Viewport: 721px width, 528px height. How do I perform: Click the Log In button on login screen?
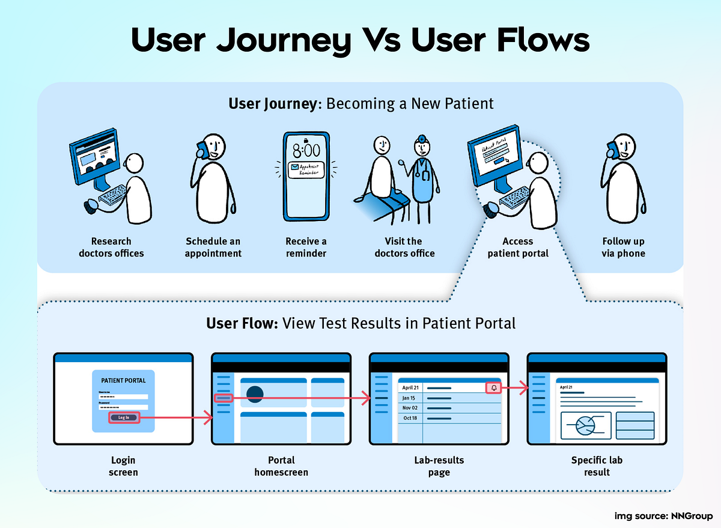124,417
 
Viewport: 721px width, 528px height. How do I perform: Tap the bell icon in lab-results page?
493,388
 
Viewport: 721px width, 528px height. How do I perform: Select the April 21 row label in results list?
410,388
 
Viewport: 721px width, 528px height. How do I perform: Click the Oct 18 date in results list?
410,417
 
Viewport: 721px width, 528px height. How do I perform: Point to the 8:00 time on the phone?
306,150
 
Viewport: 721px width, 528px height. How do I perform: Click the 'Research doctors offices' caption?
111,247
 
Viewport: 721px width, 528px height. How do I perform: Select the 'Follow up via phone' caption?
623,247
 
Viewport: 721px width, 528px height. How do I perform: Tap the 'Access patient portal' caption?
517,247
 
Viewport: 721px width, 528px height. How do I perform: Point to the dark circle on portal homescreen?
255,394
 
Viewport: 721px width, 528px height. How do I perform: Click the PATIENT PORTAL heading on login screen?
123,380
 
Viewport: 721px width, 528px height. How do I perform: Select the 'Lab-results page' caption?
439,466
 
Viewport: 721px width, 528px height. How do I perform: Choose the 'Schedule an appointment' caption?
213,247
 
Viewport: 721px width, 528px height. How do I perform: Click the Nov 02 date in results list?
411,408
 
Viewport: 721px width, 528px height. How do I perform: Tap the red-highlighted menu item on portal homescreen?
223,398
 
